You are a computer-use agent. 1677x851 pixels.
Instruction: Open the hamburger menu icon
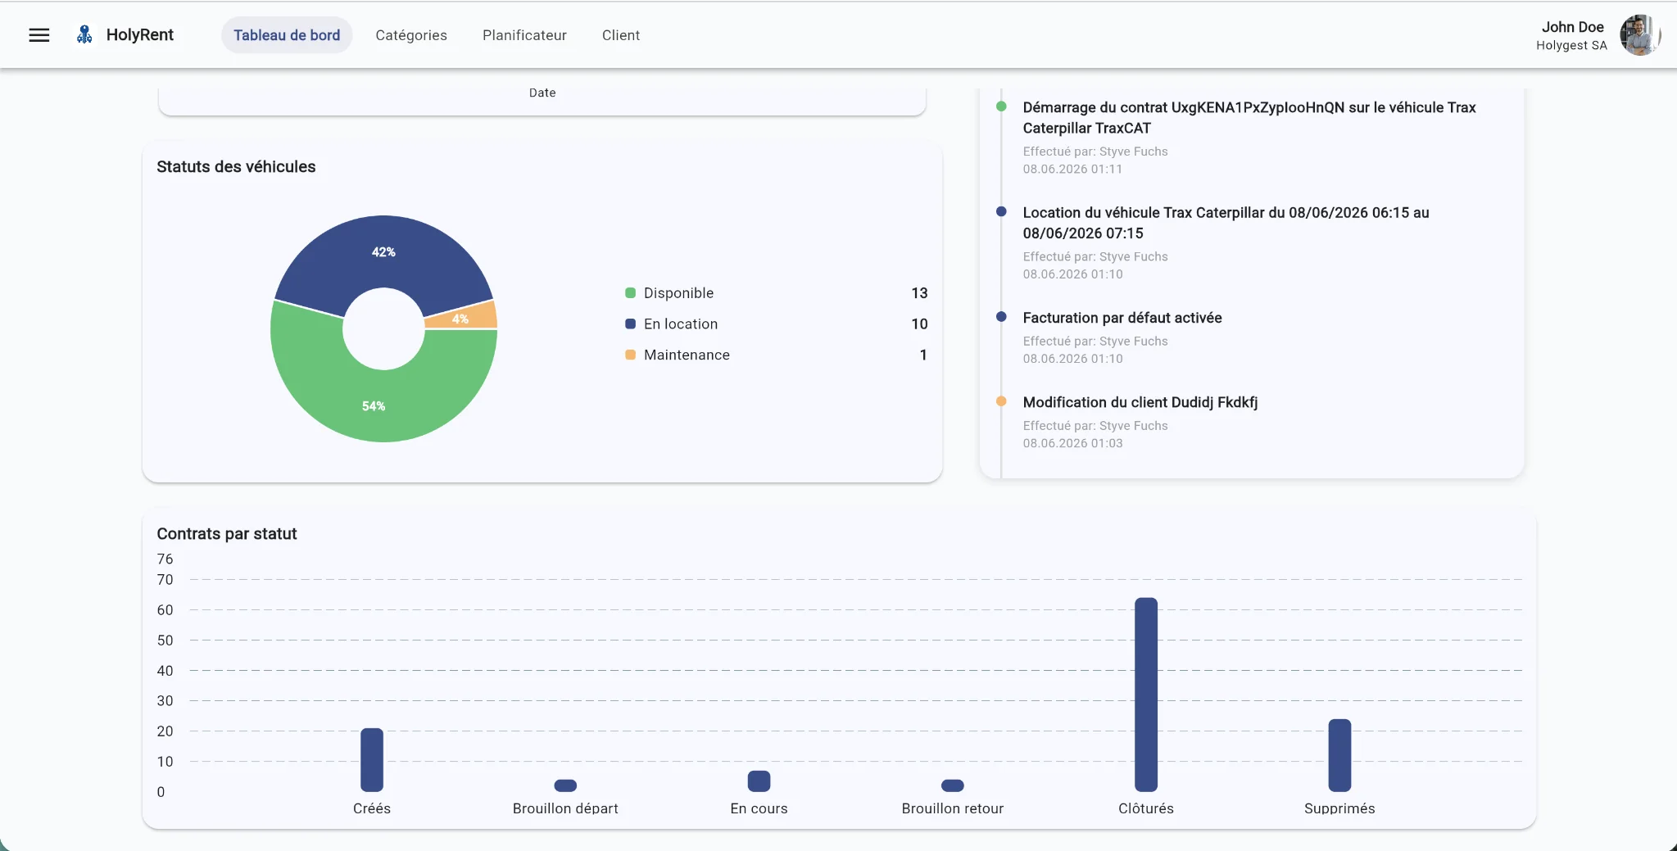[x=39, y=35]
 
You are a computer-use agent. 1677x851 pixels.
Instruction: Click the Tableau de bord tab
[x=287, y=35]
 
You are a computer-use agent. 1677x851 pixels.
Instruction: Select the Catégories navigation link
[x=411, y=35]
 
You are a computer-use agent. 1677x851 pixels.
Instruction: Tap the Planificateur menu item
[x=524, y=35]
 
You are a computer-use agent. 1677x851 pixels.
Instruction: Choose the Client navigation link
[x=621, y=35]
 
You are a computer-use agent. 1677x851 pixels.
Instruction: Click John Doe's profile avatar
[x=1639, y=35]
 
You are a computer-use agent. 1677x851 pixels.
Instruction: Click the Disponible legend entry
[x=678, y=293]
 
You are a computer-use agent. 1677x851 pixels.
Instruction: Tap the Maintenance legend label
[x=687, y=355]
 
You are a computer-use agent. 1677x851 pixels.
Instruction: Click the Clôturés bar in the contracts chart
[x=1146, y=695]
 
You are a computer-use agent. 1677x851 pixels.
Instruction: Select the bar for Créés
[x=372, y=760]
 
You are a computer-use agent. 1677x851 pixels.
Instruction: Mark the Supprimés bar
[x=1339, y=755]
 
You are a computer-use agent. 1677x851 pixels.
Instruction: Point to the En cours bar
[x=759, y=781]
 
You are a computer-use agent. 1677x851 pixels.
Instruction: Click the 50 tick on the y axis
[x=165, y=641]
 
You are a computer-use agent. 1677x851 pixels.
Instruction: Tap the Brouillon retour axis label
[x=953, y=808]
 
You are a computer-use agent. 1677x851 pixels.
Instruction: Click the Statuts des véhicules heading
[x=236, y=167]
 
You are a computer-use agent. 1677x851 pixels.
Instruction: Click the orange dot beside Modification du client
[x=1001, y=401]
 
